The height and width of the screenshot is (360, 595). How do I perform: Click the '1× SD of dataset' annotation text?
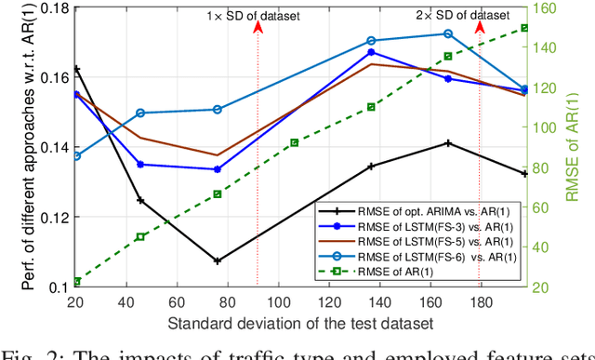pyautogui.click(x=257, y=16)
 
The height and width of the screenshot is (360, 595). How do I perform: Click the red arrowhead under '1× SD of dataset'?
pyautogui.click(x=258, y=29)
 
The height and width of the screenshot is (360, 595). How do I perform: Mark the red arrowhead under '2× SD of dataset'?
pyautogui.click(x=480, y=29)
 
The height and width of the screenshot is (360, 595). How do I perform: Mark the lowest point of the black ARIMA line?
pyautogui.click(x=218, y=261)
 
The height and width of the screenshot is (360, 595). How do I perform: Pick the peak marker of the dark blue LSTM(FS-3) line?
pyautogui.click(x=371, y=52)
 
